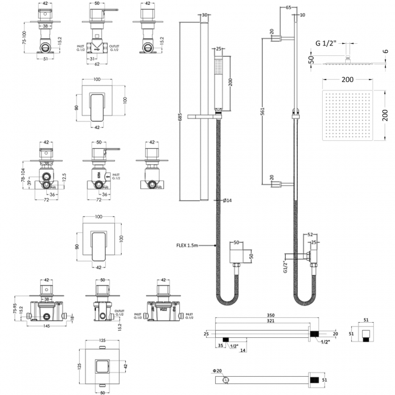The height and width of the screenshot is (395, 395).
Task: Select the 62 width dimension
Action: tap(98, 63)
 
